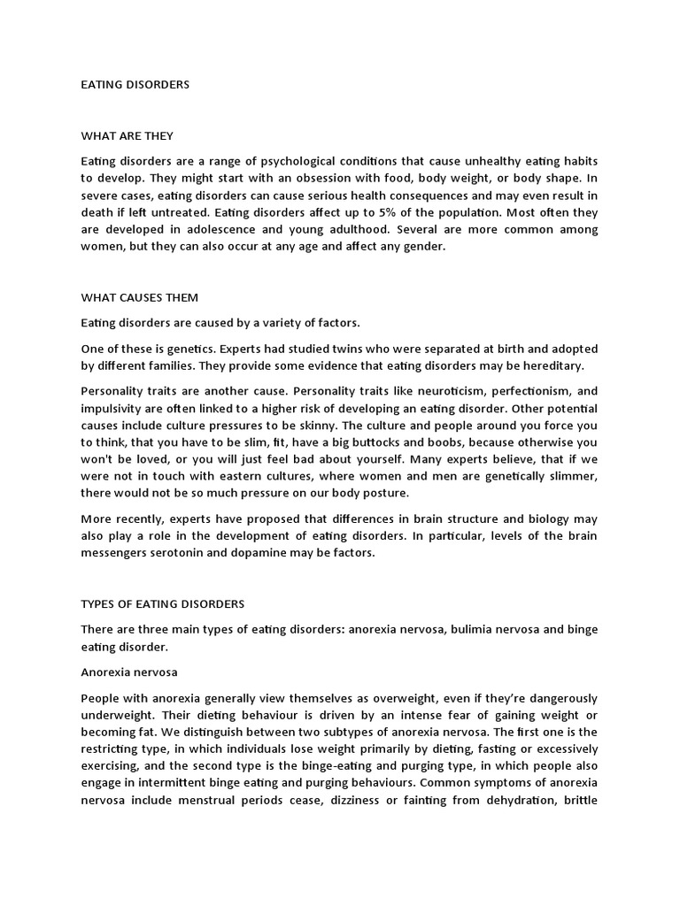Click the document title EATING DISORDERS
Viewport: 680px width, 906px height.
click(x=135, y=85)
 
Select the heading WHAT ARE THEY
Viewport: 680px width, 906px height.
click(x=127, y=136)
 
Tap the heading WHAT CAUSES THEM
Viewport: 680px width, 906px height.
click(x=139, y=298)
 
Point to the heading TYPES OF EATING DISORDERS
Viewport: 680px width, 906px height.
click(x=163, y=604)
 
